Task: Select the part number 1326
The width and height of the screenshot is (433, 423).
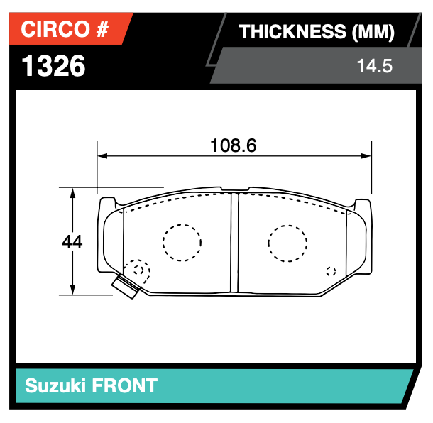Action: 54,66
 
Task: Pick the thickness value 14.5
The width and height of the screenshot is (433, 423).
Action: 374,67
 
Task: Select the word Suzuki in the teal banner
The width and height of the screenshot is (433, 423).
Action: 56,386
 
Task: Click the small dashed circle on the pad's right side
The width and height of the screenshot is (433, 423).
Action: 330,270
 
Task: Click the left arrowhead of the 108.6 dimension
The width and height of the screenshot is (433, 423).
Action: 102,155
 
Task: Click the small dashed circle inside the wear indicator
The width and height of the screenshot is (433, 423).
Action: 139,270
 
